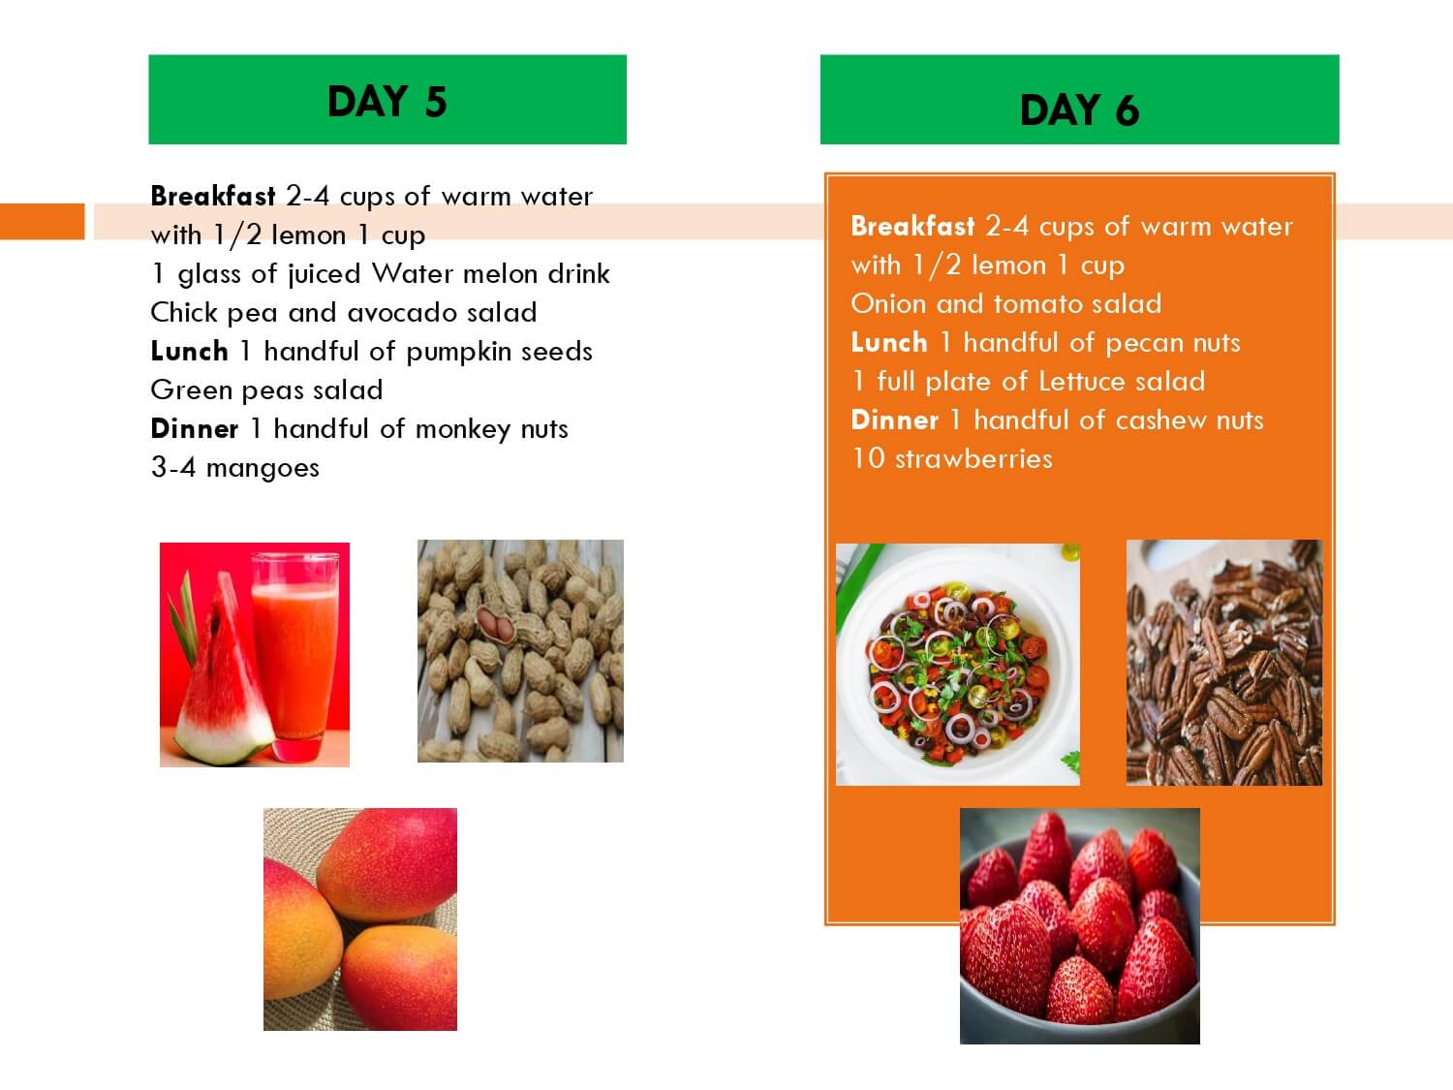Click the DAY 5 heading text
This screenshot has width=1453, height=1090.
coord(387,102)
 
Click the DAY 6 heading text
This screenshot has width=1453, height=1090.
coord(1080,109)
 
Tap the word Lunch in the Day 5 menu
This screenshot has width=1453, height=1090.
coord(189,351)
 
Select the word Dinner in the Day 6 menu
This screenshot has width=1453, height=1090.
coord(894,420)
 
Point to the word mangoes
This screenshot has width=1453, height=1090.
coord(263,469)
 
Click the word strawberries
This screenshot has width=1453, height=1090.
coord(974,458)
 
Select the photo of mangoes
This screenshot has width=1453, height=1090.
coord(360,919)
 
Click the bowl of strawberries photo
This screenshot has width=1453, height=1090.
coord(1080,926)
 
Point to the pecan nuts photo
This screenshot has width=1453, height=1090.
coord(1224,663)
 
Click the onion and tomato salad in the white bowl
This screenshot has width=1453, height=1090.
coord(958,665)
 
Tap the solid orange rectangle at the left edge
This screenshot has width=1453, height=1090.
coord(43,221)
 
